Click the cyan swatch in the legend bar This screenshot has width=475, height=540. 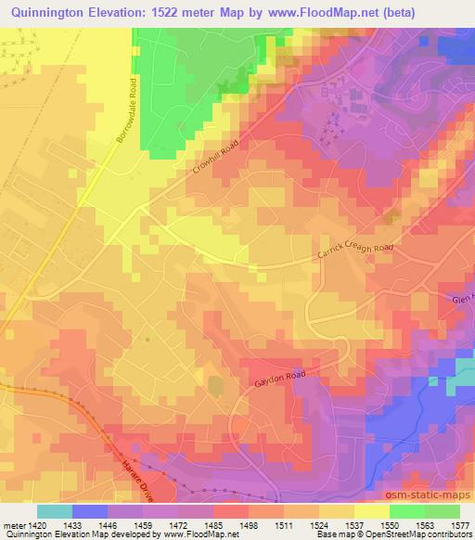(x=54, y=510)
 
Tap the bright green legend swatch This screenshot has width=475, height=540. (x=407, y=510)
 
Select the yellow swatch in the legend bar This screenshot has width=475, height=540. (x=372, y=510)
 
